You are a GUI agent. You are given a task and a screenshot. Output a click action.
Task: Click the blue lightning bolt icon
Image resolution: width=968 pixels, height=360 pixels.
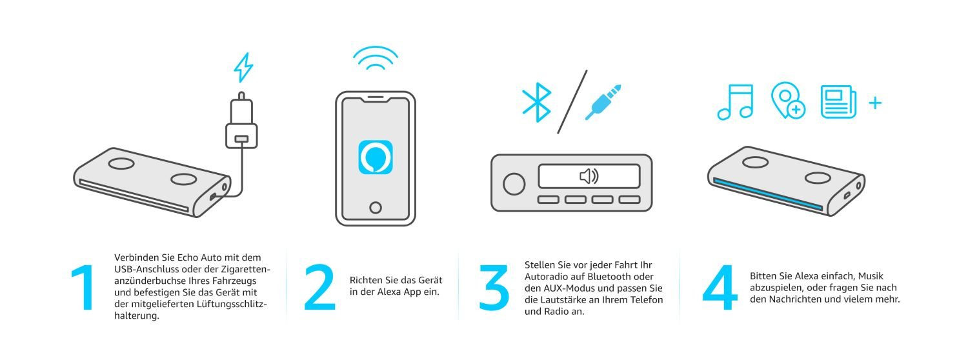pyautogui.click(x=243, y=67)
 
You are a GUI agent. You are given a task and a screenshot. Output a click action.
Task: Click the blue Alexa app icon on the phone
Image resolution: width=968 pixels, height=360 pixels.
pyautogui.click(x=376, y=157)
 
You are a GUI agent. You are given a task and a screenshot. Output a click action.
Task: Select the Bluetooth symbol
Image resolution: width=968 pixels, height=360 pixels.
pyautogui.click(x=537, y=102)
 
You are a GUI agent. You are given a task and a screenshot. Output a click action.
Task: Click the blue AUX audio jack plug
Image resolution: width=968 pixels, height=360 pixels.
pyautogui.click(x=603, y=102)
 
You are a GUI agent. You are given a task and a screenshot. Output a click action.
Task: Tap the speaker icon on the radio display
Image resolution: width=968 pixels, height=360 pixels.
pyautogui.click(x=589, y=176)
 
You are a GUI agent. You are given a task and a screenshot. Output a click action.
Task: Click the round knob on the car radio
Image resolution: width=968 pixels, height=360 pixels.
pyautogui.click(x=514, y=184)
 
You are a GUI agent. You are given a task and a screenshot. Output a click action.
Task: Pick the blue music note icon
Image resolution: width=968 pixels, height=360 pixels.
pyautogui.click(x=736, y=102)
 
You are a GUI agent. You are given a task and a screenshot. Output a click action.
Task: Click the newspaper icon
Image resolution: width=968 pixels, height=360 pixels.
pyautogui.click(x=838, y=101)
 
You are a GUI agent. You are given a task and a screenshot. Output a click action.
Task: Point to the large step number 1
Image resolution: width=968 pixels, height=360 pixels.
pyautogui.click(x=84, y=287)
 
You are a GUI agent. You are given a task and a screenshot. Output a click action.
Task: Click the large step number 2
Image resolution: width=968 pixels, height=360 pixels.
pyautogui.click(x=320, y=287)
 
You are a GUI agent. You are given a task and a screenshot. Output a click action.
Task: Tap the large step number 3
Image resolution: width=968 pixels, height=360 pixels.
pyautogui.click(x=494, y=287)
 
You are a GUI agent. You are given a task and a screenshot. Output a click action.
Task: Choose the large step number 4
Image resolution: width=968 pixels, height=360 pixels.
pyautogui.click(x=720, y=287)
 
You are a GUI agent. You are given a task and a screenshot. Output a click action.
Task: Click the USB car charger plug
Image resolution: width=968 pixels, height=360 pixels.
pyautogui.click(x=241, y=121)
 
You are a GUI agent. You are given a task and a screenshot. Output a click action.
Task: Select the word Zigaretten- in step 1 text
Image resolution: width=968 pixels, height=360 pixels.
pyautogui.click(x=245, y=269)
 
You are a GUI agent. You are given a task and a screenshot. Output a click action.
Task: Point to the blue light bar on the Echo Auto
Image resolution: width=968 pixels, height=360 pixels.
pyautogui.click(x=768, y=194)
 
